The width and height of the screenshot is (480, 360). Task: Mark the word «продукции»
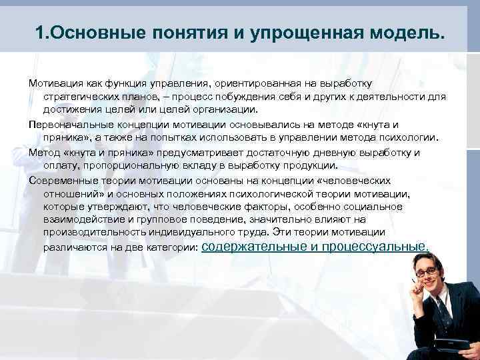[x=305, y=166]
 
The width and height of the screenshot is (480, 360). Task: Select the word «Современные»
[x=61, y=180]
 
